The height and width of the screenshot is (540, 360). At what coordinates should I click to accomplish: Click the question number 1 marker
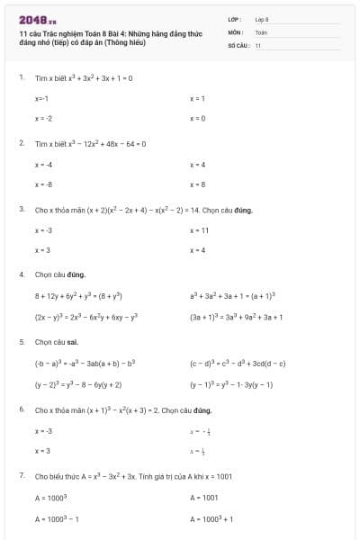pos(21,78)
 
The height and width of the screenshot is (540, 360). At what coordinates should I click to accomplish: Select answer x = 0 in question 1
pos(197,118)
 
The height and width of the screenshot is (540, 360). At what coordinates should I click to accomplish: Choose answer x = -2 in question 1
pos(43,118)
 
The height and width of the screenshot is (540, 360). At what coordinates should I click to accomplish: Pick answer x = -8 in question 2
pos(43,184)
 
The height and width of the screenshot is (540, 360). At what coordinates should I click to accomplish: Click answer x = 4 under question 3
pos(197,249)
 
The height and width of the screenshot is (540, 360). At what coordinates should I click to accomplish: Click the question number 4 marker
pos(21,274)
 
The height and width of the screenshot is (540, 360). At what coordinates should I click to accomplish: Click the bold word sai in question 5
pos(73,342)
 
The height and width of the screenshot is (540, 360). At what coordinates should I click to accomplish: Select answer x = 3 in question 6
pos(42,450)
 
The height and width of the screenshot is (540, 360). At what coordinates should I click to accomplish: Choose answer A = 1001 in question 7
pos(203,497)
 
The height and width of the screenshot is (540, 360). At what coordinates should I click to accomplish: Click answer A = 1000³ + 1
pos(211,518)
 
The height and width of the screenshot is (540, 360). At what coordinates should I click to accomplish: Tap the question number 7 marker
pos(21,473)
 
